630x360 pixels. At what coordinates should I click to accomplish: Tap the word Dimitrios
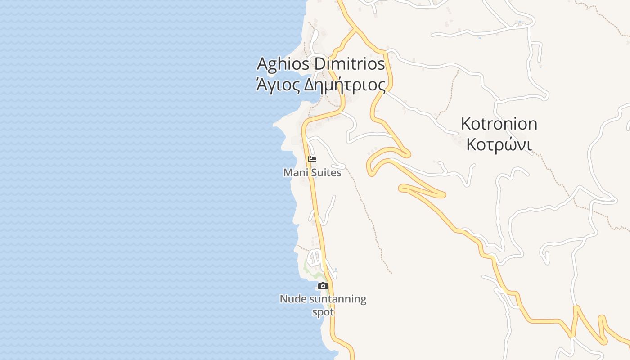tap(349, 64)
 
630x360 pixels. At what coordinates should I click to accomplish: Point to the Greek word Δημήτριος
tap(345, 85)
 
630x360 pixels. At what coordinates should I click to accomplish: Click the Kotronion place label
tap(499, 124)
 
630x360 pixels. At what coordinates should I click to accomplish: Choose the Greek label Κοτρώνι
tap(499, 144)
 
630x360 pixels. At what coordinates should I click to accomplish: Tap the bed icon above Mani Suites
tap(312, 159)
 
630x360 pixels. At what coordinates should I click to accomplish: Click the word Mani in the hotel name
tap(294, 173)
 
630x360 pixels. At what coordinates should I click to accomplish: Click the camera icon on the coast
tap(323, 286)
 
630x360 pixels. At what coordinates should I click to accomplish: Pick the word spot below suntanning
tap(323, 312)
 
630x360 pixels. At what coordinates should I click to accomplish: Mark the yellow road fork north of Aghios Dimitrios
tap(356, 30)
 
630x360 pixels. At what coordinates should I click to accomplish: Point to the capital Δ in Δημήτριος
tap(310, 85)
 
